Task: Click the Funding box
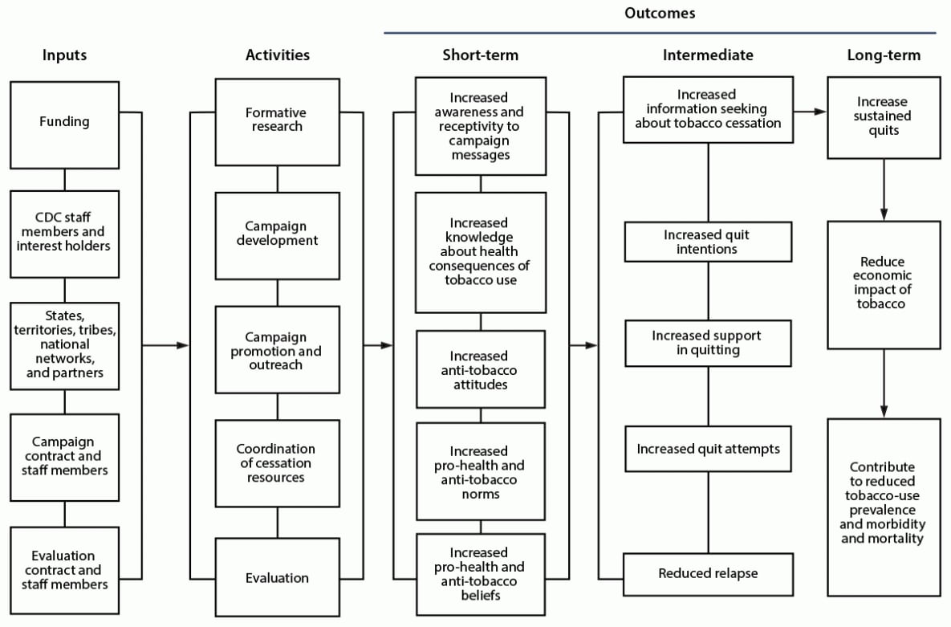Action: click(x=64, y=122)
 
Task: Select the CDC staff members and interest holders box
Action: click(x=64, y=233)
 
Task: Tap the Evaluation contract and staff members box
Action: click(x=64, y=570)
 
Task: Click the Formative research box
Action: click(x=277, y=120)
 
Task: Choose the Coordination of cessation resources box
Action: click(x=277, y=463)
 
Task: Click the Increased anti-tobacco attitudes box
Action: click(x=479, y=370)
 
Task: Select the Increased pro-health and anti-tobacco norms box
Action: click(x=479, y=472)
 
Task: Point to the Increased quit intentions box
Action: click(x=707, y=242)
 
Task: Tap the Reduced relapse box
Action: click(x=707, y=573)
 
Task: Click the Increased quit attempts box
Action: click(x=707, y=449)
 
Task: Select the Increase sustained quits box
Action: click(x=883, y=116)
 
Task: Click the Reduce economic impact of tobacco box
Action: click(x=883, y=283)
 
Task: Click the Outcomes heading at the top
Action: click(x=659, y=14)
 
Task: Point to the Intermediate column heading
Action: click(x=707, y=55)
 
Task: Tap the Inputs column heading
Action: click(x=64, y=55)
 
